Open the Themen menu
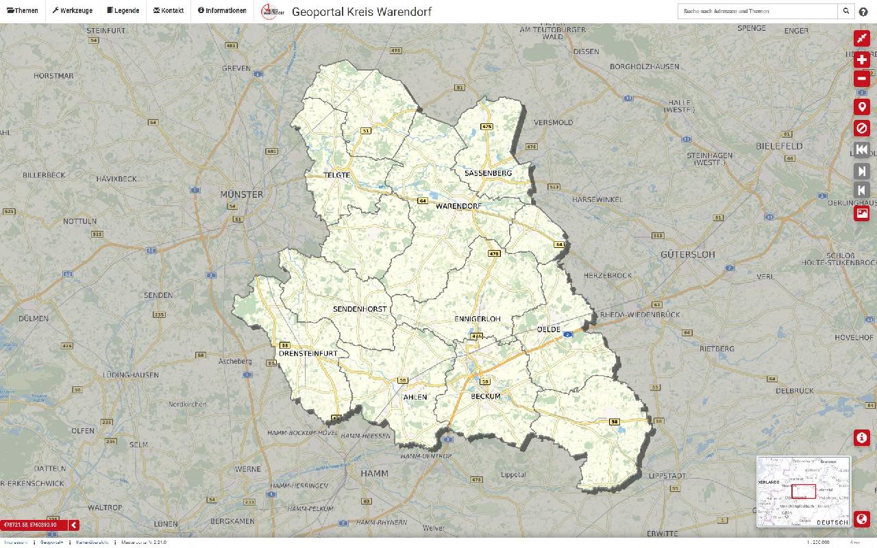click(x=23, y=11)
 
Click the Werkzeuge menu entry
click(x=73, y=11)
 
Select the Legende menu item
click(x=123, y=11)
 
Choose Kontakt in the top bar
click(x=169, y=11)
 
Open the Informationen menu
click(x=222, y=11)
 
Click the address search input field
click(x=757, y=11)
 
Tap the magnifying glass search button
click(x=847, y=11)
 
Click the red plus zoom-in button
click(x=861, y=60)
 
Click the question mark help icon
click(x=863, y=12)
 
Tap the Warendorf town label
click(x=458, y=206)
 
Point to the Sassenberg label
click(x=488, y=173)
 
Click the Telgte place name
click(x=337, y=175)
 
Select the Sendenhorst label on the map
click(x=360, y=309)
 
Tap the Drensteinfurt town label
click(x=308, y=354)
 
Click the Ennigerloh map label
click(x=478, y=319)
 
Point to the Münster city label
click(x=241, y=195)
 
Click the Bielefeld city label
click(x=779, y=147)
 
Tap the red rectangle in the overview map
click(x=804, y=491)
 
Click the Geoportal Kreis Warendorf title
click(x=361, y=12)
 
